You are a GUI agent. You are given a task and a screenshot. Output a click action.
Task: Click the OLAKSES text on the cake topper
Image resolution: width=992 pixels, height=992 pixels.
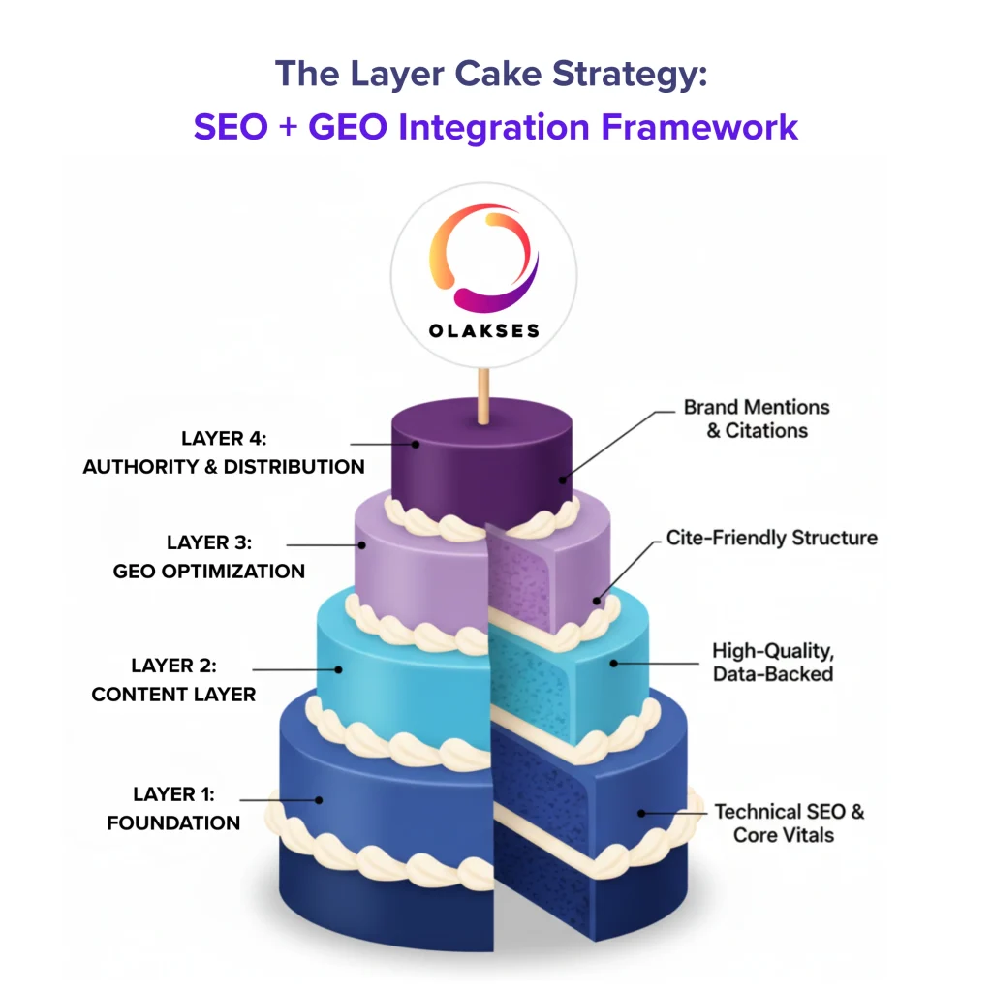(x=483, y=330)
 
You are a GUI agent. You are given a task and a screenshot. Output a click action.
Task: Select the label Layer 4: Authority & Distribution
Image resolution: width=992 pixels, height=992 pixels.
(x=224, y=452)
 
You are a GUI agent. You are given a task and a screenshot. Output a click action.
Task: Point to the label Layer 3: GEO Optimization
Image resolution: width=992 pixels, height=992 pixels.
(x=209, y=556)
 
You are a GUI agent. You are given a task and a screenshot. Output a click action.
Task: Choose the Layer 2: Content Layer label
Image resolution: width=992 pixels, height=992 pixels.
(x=174, y=680)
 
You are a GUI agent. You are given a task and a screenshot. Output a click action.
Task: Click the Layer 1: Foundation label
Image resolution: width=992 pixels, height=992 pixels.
(x=173, y=809)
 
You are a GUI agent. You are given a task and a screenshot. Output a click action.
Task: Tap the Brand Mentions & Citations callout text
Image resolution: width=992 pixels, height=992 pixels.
(x=757, y=418)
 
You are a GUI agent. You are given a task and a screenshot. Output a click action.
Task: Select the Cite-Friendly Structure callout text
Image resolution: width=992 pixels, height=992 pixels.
(x=771, y=538)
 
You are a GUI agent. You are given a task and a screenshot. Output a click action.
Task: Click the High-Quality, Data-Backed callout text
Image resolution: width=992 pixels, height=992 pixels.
(x=772, y=662)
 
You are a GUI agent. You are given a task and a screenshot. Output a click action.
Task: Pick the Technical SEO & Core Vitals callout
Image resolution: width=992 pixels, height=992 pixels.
(x=789, y=822)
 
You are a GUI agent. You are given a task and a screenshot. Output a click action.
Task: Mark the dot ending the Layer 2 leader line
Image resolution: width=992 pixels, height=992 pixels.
(x=339, y=668)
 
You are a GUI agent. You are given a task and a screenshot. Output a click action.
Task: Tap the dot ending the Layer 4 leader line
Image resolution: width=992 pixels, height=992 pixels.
(x=415, y=445)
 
